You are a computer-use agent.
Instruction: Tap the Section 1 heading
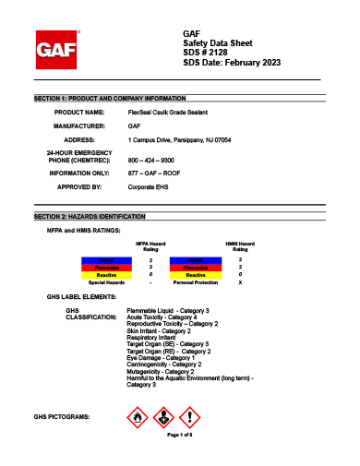click(x=110, y=97)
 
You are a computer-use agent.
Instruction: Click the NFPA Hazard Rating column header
click(x=150, y=245)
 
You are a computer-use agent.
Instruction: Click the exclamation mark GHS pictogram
click(x=187, y=418)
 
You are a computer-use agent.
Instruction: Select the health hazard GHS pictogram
click(x=162, y=418)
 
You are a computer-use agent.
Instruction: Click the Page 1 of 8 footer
click(x=179, y=435)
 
